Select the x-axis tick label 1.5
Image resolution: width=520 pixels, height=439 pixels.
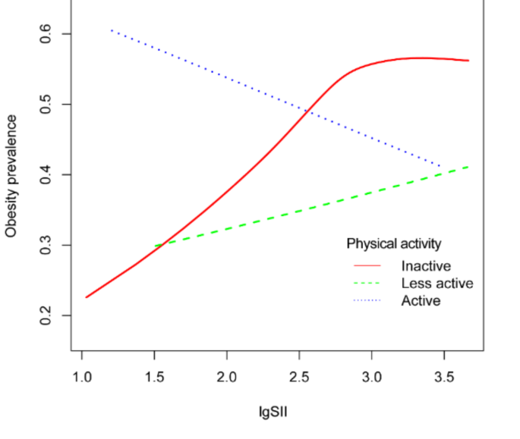tap(154, 376)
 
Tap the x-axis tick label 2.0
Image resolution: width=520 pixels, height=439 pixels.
tap(227, 376)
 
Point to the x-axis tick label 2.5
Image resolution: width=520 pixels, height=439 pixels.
tap(299, 376)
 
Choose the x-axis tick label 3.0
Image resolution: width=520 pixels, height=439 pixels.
tap(371, 376)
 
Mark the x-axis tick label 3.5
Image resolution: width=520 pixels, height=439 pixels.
tap(443, 376)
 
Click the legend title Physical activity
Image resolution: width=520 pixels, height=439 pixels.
tap(394, 244)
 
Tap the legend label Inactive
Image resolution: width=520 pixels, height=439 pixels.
tap(426, 266)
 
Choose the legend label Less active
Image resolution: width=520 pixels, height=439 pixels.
tap(437, 284)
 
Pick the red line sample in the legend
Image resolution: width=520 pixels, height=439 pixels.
tap(367, 266)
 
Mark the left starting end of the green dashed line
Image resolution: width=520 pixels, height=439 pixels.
tap(155, 246)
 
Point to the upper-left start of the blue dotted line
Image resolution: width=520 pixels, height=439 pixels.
tap(111, 30)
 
